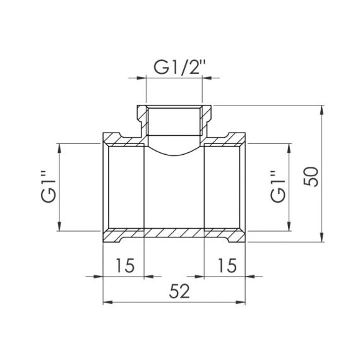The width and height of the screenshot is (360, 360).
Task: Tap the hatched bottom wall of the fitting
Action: pyautogui.click(x=175, y=234)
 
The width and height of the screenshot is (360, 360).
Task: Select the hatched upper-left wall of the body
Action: pyautogui.click(x=120, y=139)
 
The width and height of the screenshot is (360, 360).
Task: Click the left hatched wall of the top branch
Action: pyautogui.click(x=143, y=120)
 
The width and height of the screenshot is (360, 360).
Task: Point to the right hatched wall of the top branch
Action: pyautogui.click(x=207, y=120)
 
